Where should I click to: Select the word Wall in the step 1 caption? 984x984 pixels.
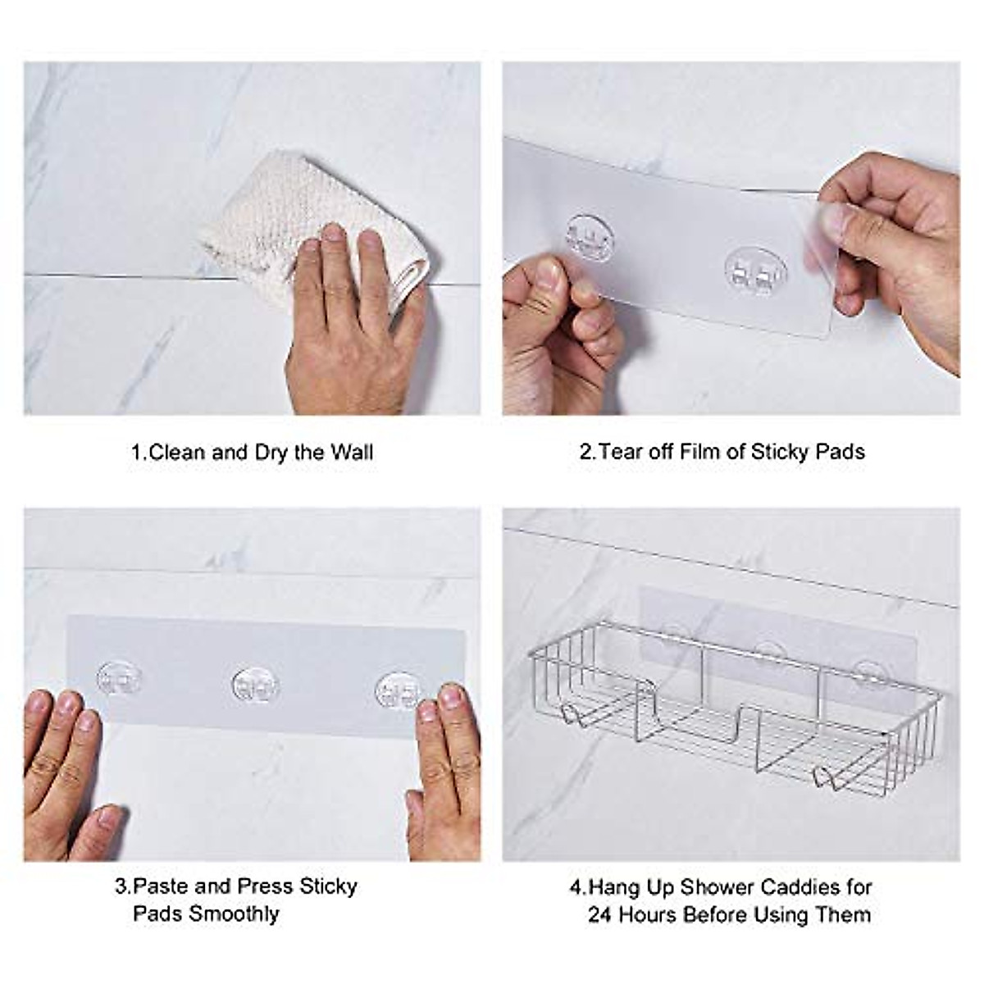pyautogui.click(x=352, y=453)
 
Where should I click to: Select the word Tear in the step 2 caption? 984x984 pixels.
pyautogui.click(x=620, y=452)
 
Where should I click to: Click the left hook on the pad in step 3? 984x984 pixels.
pyautogui.click(x=119, y=680)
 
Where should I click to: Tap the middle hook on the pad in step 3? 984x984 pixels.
pyautogui.click(x=255, y=686)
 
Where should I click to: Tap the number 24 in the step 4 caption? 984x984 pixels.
pyautogui.click(x=600, y=914)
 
